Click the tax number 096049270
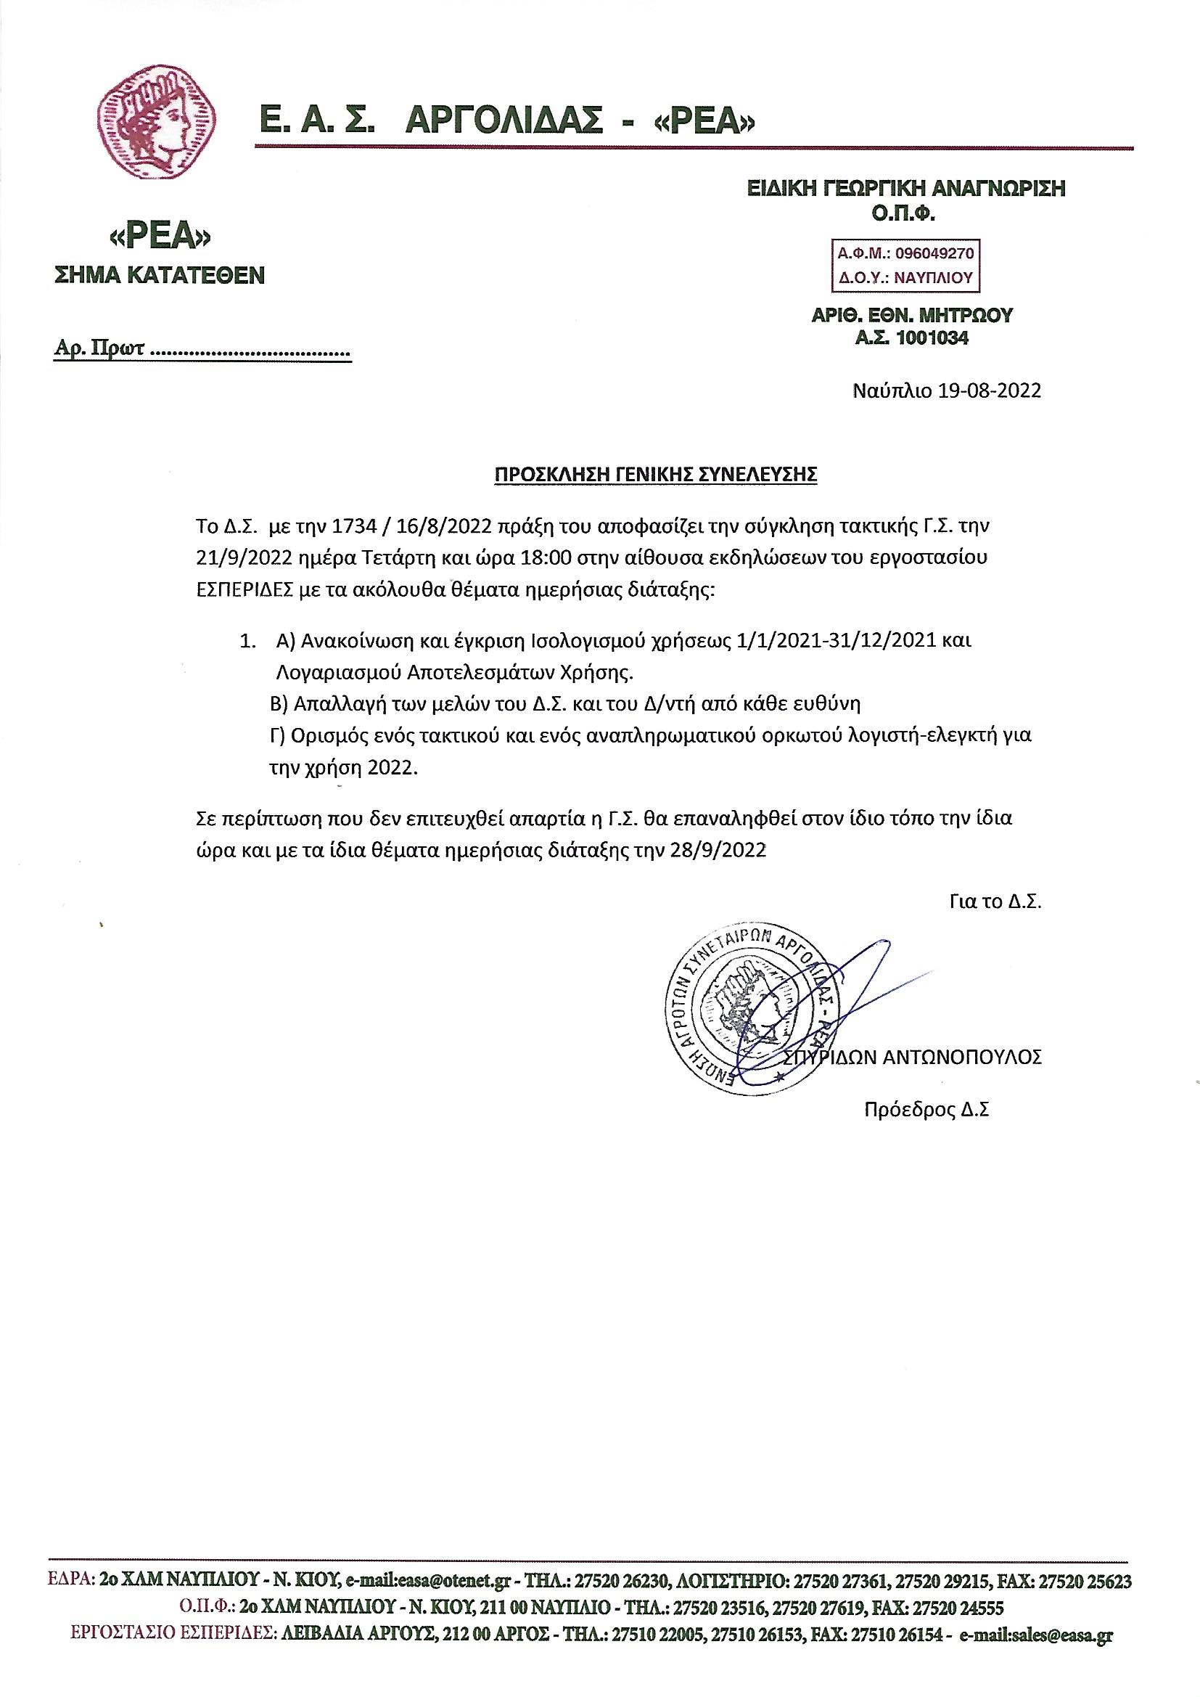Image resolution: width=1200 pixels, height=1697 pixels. click(x=934, y=253)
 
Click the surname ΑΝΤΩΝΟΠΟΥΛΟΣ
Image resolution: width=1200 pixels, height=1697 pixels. click(x=962, y=1056)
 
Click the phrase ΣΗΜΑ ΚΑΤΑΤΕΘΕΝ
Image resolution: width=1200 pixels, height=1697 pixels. click(x=160, y=277)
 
